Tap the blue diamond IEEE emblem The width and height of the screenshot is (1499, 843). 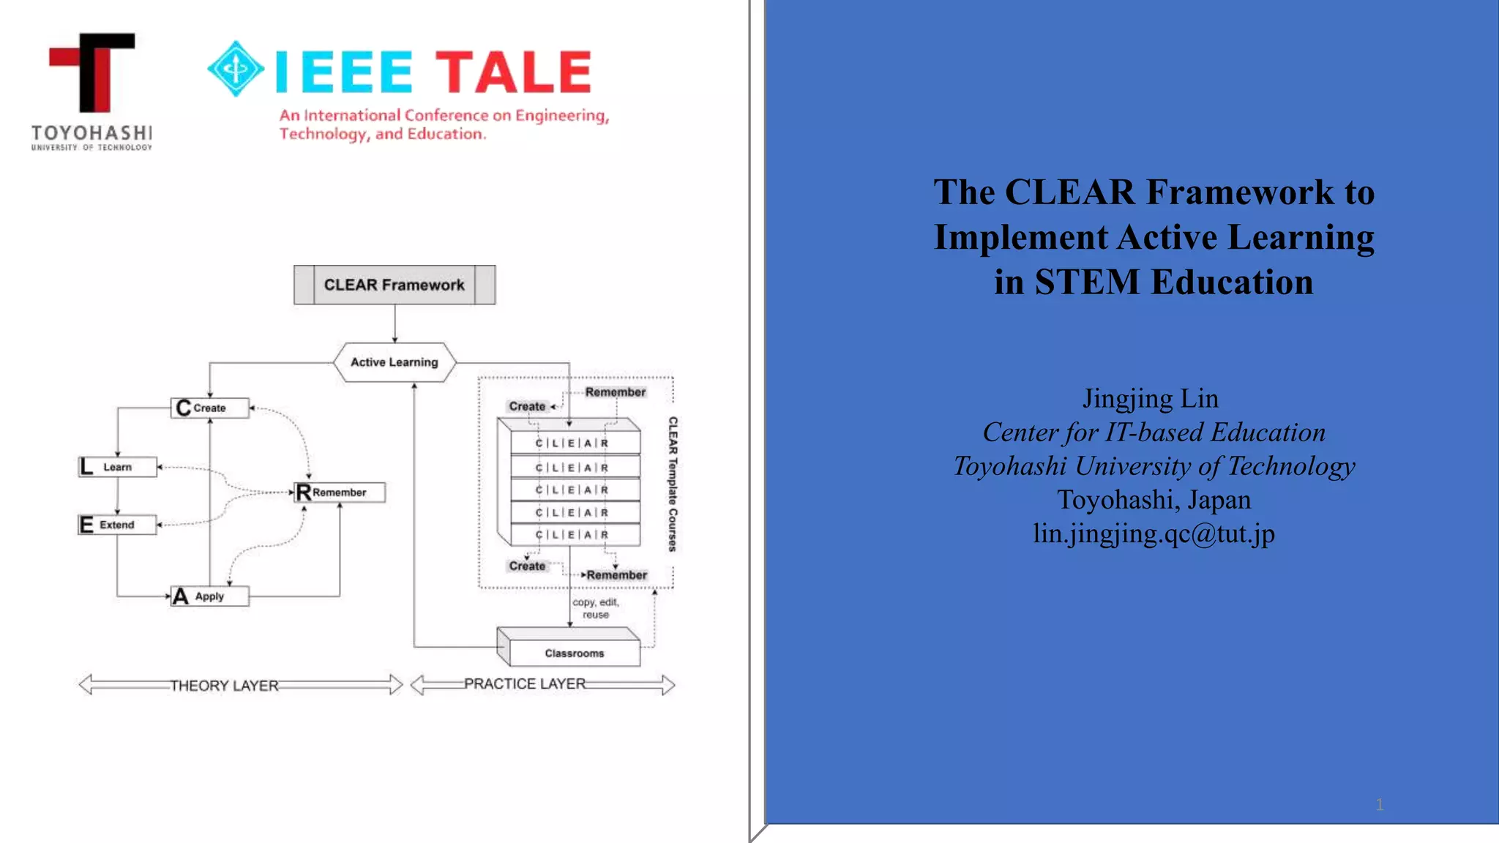(236, 69)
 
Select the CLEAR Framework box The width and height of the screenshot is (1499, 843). (394, 285)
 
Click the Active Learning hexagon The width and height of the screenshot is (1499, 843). (394, 362)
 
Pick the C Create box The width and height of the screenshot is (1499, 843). (209, 408)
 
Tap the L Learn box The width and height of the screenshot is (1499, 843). (117, 467)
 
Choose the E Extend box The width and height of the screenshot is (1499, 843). (117, 525)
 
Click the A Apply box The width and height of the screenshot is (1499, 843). (209, 596)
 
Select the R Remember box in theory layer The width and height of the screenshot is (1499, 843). (339, 492)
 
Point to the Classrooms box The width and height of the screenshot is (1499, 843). (574, 653)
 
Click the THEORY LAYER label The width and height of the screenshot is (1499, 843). (224, 686)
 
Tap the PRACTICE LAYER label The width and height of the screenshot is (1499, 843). (525, 683)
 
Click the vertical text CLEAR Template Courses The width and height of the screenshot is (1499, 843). (673, 484)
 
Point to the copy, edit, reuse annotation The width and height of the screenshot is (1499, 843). (596, 608)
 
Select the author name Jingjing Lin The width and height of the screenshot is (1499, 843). (1151, 399)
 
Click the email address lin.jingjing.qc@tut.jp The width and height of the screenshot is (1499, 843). (1154, 533)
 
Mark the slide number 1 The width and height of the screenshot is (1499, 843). (1380, 805)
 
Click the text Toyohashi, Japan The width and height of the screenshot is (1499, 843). (1154, 500)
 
